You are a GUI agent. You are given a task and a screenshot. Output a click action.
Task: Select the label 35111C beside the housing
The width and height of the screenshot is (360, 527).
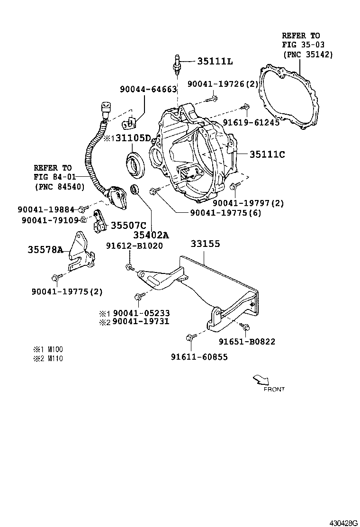(x=267, y=154)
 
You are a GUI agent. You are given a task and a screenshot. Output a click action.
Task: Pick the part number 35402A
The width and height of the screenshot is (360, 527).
(x=151, y=235)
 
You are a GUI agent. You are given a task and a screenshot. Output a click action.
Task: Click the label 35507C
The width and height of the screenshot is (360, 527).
(x=128, y=226)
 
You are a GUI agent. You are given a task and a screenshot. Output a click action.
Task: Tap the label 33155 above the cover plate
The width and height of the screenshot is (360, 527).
(x=205, y=244)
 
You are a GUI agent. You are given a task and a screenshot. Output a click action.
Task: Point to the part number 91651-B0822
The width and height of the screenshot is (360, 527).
(x=246, y=341)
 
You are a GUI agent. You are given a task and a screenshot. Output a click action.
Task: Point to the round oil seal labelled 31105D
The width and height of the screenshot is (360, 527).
(x=136, y=164)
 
